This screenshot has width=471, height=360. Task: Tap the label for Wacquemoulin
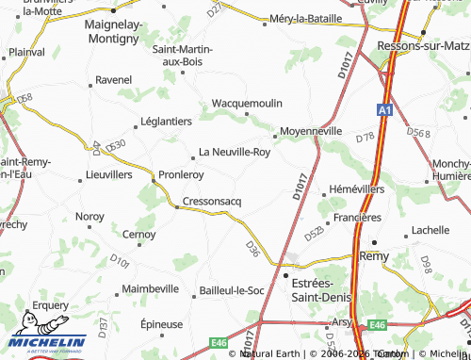pyautogui.click(x=248, y=101)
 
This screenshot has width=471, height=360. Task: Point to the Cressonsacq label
pyautogui.click(x=211, y=202)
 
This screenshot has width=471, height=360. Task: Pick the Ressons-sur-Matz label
pyautogui.click(x=422, y=44)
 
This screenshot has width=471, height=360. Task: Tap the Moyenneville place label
pyautogui.click(x=313, y=131)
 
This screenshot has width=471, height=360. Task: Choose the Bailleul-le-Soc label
pyautogui.click(x=231, y=290)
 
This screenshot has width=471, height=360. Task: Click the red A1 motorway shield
pyautogui.click(x=384, y=110)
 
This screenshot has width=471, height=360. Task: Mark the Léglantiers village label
pyautogui.click(x=165, y=122)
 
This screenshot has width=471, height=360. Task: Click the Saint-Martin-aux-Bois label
pyautogui.click(x=191, y=55)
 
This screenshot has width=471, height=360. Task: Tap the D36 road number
pyautogui.click(x=252, y=248)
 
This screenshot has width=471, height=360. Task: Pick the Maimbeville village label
pyautogui.click(x=151, y=288)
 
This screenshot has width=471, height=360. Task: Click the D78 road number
pyautogui.click(x=365, y=138)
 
